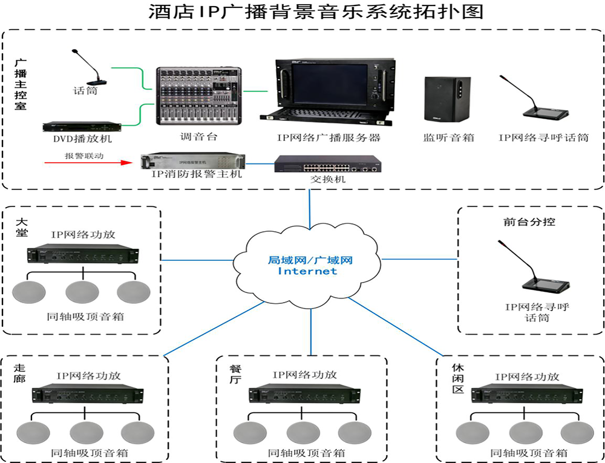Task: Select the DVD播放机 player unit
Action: point(81,126)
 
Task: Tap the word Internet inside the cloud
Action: point(307,272)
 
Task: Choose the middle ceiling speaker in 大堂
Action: point(82,292)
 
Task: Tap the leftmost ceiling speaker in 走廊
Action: point(33,433)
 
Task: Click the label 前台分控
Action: point(529,222)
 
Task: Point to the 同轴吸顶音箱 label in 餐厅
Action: point(306,453)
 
